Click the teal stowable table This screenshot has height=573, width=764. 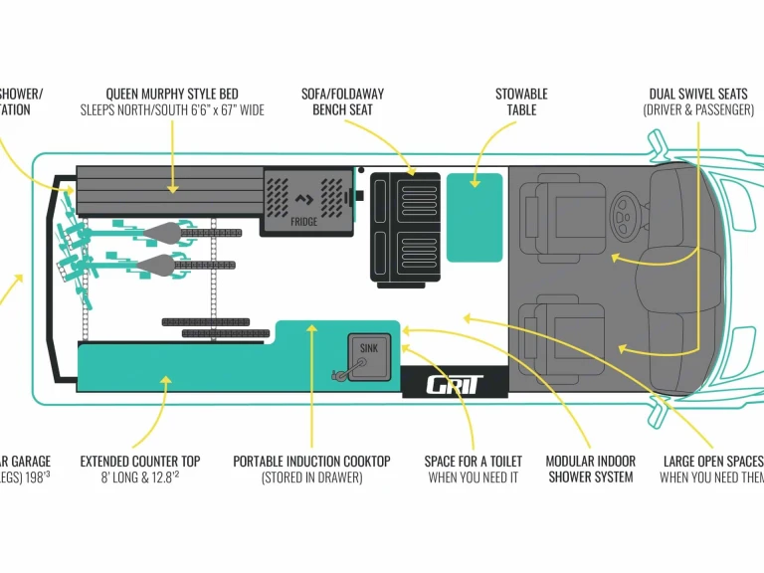coord(475,217)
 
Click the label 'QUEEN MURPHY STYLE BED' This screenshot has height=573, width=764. coord(172,95)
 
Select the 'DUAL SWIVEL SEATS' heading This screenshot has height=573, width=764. coord(697,95)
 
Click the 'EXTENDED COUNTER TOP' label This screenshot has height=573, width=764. coord(140,462)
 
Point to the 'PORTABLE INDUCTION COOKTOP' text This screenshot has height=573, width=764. coord(311,462)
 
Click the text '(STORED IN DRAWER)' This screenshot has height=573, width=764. coord(311,477)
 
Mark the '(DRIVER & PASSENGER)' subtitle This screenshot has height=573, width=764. coord(698,110)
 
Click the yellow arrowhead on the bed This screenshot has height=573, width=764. coord(172,186)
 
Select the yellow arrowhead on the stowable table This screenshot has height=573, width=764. coord(474,183)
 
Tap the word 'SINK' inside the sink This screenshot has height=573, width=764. coord(369,348)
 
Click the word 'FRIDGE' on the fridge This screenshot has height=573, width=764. coord(304,222)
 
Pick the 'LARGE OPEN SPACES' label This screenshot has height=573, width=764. coord(712,462)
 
